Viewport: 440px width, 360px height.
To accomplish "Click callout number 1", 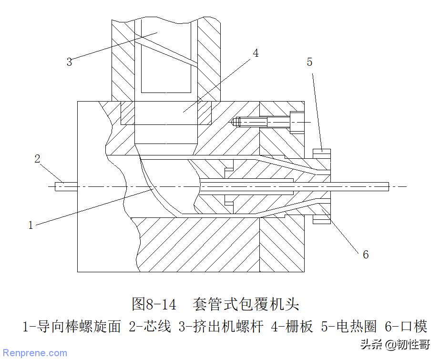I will pyautogui.click(x=31, y=225).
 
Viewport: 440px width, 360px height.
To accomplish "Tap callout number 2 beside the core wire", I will pyautogui.click(x=38, y=159).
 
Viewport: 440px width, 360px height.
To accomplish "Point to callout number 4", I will pyautogui.click(x=256, y=53).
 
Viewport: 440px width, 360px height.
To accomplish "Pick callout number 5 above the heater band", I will pyautogui.click(x=309, y=62).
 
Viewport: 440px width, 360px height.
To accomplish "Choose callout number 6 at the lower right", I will pyautogui.click(x=366, y=255).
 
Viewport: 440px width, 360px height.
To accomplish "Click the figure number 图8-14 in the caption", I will pyautogui.click(x=154, y=303).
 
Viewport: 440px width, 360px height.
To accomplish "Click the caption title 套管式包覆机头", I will pyautogui.click(x=246, y=303).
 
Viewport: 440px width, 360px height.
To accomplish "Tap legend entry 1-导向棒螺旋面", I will pyautogui.click(x=72, y=327).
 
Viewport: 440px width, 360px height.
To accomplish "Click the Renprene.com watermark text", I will pyautogui.click(x=35, y=353).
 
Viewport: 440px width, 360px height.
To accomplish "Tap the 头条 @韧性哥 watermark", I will pyautogui.click(x=395, y=344).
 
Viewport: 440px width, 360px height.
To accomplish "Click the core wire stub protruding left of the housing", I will pyautogui.click(x=66, y=186).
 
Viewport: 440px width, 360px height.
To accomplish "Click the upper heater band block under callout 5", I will pyautogui.click(x=322, y=153).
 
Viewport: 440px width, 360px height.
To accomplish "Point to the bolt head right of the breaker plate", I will pyautogui.click(x=296, y=122).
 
